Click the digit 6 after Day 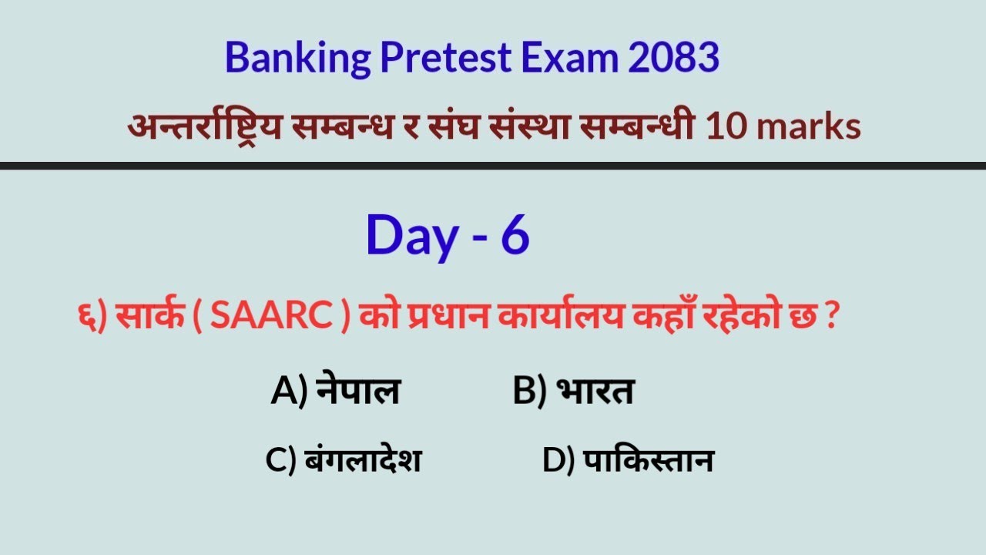515,236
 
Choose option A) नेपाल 335,392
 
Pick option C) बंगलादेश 343,461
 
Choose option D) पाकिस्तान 627,461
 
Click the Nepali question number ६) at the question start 91,318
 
